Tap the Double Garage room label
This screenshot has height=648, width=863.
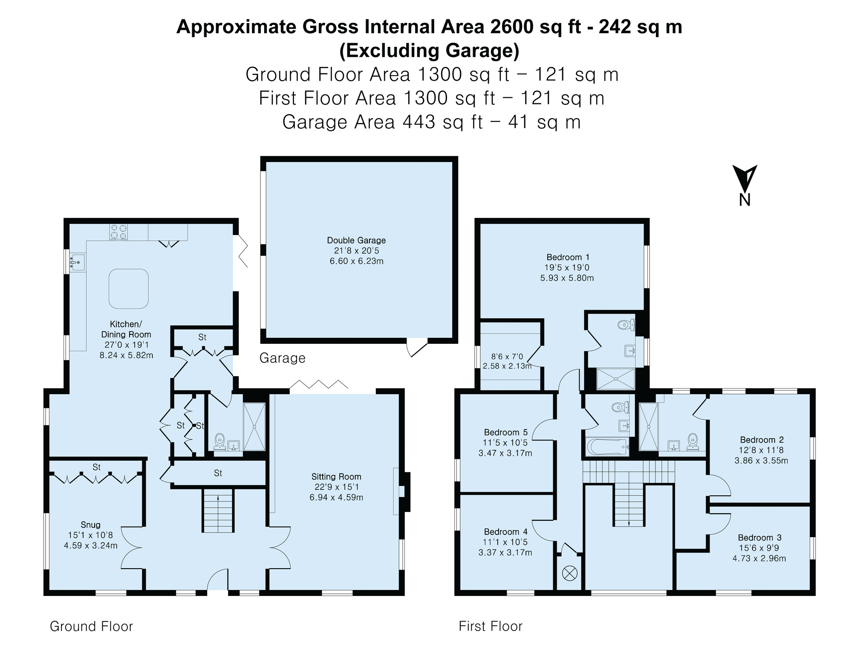coord(356,240)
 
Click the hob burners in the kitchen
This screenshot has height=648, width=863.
coord(119,232)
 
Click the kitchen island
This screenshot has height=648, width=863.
coord(129,288)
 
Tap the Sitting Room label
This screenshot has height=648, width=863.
coord(336,477)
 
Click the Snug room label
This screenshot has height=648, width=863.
coord(91,525)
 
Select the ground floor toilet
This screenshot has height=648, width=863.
coord(219,441)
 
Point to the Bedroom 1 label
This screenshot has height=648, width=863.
coord(568,257)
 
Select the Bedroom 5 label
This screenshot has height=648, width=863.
coord(505,432)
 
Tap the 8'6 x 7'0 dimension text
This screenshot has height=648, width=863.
coord(507,356)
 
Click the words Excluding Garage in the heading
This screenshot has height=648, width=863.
coord(429,50)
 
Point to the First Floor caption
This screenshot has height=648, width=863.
coord(491,626)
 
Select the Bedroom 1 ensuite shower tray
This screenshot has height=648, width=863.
coord(615,379)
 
